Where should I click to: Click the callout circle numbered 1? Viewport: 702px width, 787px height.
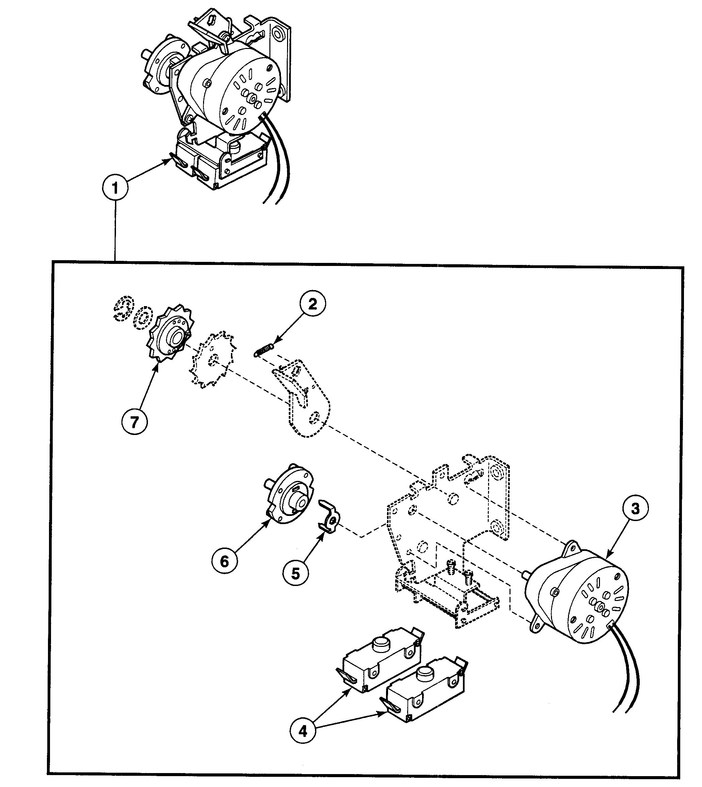[x=115, y=188]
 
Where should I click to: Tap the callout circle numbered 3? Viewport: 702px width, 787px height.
[x=635, y=508]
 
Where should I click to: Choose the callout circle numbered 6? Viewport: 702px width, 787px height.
[x=224, y=562]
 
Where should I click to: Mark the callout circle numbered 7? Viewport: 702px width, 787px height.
[x=134, y=422]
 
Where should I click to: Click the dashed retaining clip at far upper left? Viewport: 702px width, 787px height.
[x=123, y=309]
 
